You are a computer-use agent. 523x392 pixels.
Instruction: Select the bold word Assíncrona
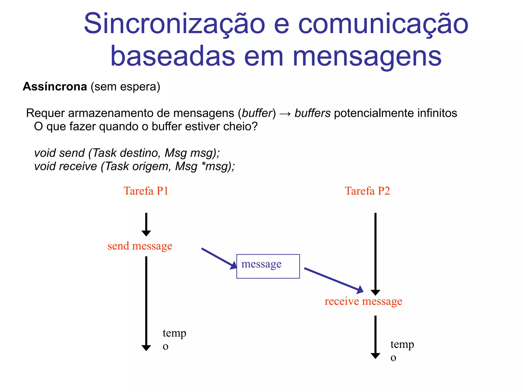(x=55, y=87)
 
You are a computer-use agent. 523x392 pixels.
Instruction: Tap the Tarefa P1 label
(x=146, y=191)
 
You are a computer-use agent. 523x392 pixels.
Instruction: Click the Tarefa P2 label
(x=367, y=191)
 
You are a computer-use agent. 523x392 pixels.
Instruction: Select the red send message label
(x=140, y=246)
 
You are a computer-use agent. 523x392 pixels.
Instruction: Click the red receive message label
(x=363, y=301)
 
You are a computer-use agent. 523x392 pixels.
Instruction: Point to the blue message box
(x=268, y=266)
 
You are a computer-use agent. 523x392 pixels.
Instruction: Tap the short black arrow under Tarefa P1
(x=146, y=224)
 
